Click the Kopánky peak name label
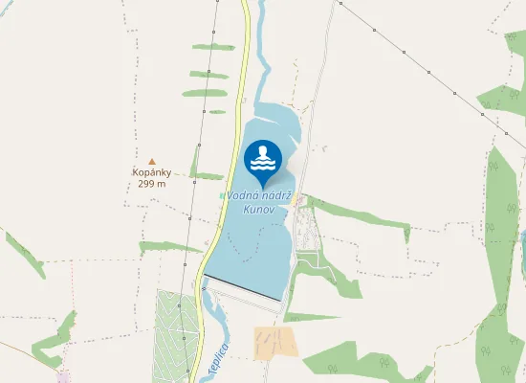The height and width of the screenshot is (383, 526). coord(151,173)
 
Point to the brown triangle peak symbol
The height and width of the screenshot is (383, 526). coord(151,161)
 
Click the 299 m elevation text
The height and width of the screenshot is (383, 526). coord(151,184)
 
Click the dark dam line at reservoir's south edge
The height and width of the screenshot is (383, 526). coord(243,289)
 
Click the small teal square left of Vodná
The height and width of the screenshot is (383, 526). coord(222,196)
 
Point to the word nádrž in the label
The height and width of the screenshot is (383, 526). coord(277,196)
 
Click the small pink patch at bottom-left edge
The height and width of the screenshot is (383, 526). coord(65,376)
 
